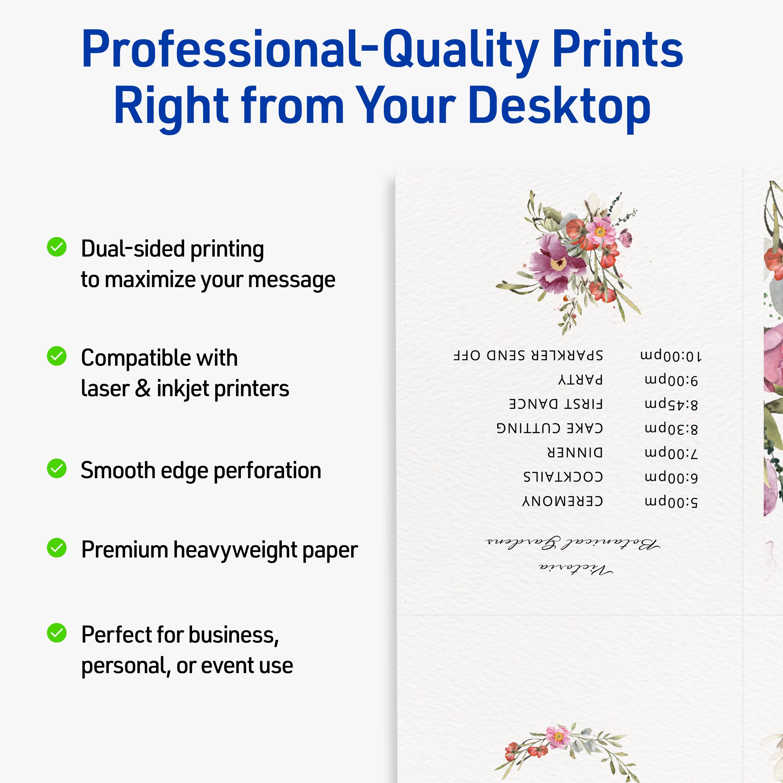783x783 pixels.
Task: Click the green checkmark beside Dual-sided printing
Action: click(57, 247)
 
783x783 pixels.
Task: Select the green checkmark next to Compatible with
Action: click(57, 356)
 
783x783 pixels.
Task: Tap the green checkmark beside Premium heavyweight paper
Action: click(57, 548)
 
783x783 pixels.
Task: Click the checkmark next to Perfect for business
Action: click(57, 633)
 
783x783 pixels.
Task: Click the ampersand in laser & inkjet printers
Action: click(143, 388)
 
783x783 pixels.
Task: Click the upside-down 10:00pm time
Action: click(671, 355)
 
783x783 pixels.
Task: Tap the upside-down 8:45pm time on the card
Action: click(671, 404)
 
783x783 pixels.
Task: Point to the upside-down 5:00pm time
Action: click(671, 501)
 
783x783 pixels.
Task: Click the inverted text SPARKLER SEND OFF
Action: click(528, 355)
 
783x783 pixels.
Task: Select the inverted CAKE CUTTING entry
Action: click(550, 428)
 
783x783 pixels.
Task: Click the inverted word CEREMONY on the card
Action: click(562, 501)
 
